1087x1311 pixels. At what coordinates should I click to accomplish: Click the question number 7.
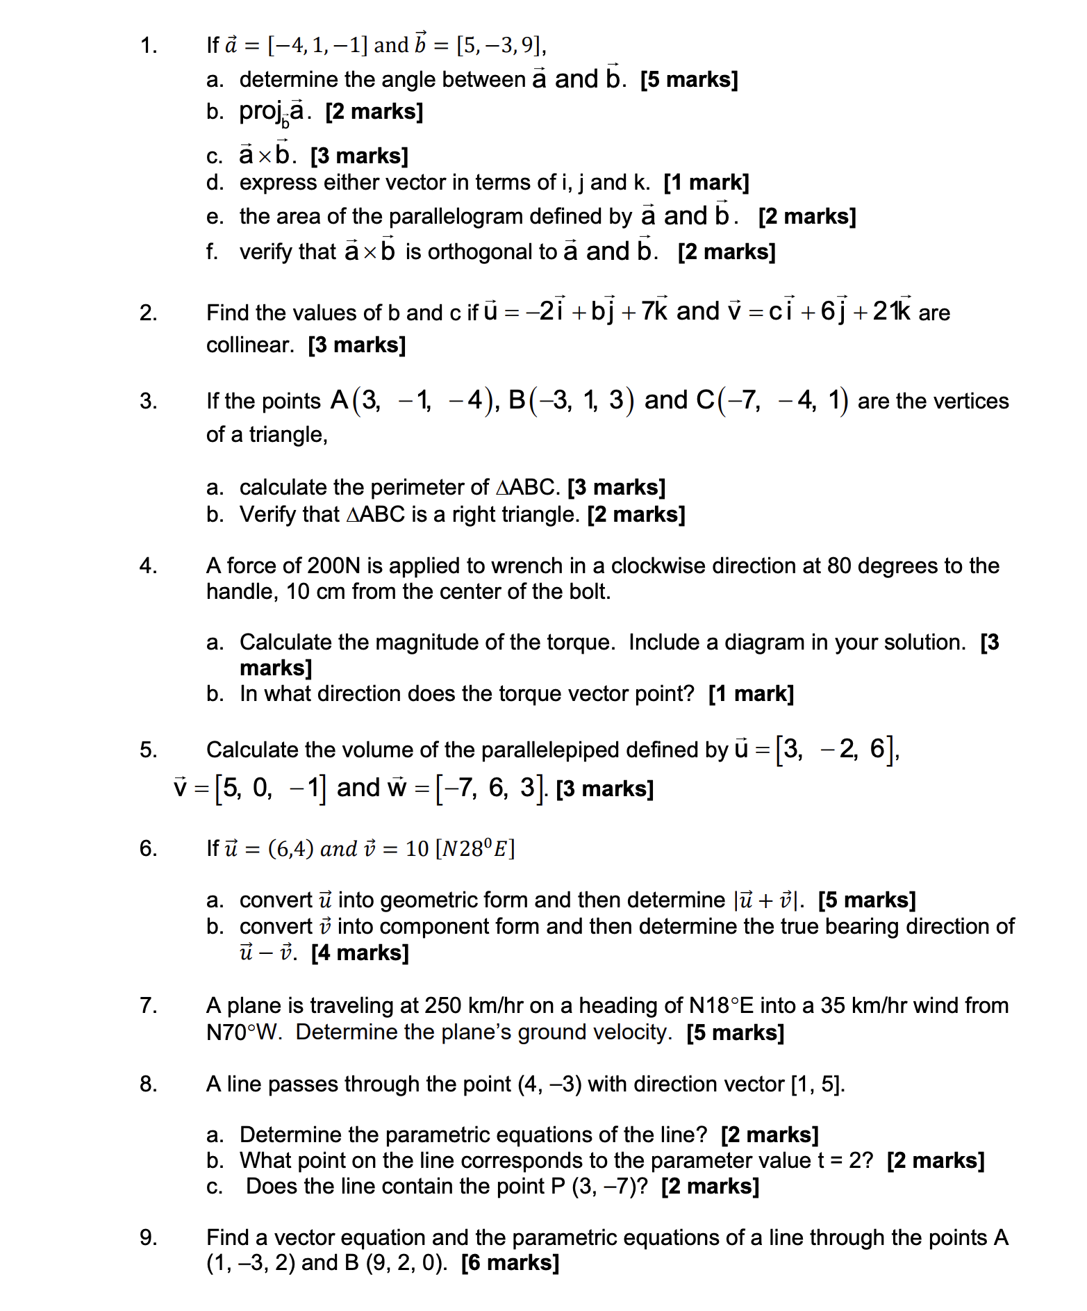[x=148, y=1005]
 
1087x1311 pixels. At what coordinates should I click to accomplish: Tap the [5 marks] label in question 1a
[x=688, y=80]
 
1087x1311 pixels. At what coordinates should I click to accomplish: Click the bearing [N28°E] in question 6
[x=474, y=848]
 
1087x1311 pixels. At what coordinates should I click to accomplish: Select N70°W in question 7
[x=244, y=1032]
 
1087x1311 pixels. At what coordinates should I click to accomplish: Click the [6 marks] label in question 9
[x=510, y=1262]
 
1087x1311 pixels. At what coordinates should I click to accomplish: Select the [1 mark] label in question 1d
[x=706, y=183]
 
